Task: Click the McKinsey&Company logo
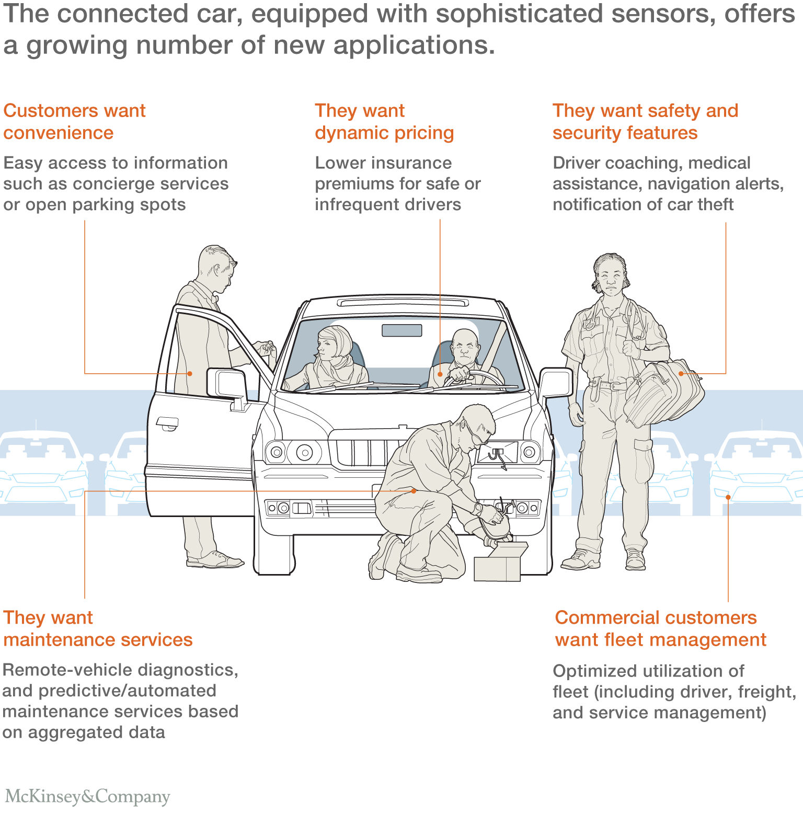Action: pyautogui.click(x=87, y=796)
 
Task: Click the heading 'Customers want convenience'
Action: pyautogui.click(x=74, y=122)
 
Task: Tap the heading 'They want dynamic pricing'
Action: pyautogui.click(x=384, y=122)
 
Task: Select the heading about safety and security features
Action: pyautogui.click(x=646, y=122)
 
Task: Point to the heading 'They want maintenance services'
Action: pyautogui.click(x=98, y=629)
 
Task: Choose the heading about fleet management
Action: pyautogui.click(x=660, y=629)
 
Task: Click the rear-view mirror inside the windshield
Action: pyautogui.click(x=401, y=330)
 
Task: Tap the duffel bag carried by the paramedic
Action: pyautogui.click(x=664, y=391)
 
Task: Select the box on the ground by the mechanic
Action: pyautogui.click(x=500, y=561)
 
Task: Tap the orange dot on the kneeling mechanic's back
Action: pyautogui.click(x=414, y=491)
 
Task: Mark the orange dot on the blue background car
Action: pyautogui.click(x=728, y=497)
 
